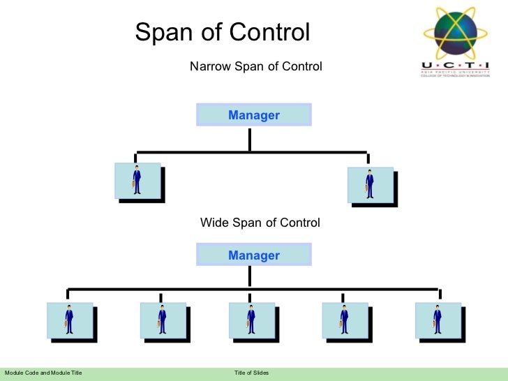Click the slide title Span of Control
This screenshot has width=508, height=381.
(222, 32)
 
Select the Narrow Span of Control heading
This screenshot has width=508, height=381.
(256, 67)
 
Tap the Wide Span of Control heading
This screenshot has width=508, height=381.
(260, 223)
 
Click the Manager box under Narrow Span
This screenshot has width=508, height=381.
(253, 115)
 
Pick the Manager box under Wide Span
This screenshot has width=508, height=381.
(253, 255)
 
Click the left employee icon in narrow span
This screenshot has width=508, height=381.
(137, 181)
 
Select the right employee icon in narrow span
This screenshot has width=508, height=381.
(370, 184)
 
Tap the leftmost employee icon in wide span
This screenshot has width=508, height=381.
(69, 320)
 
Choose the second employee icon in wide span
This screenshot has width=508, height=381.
(162, 320)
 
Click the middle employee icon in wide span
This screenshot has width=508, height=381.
(251, 320)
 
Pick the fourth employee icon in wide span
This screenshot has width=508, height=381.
(345, 320)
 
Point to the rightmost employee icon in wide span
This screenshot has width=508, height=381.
(438, 320)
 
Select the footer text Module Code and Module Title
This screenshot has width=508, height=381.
(43, 374)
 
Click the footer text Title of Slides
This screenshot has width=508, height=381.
(251, 374)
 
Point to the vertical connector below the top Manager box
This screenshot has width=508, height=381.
(250, 139)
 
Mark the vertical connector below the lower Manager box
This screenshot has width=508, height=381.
(250, 277)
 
